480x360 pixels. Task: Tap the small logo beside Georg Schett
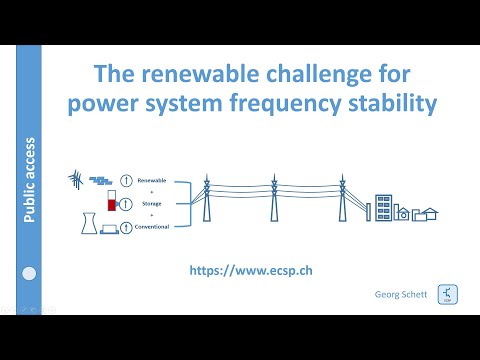[445, 297]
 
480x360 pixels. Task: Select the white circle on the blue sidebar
[30, 273]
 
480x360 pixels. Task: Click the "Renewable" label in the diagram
[152, 182]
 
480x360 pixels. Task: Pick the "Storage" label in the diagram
[152, 203]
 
